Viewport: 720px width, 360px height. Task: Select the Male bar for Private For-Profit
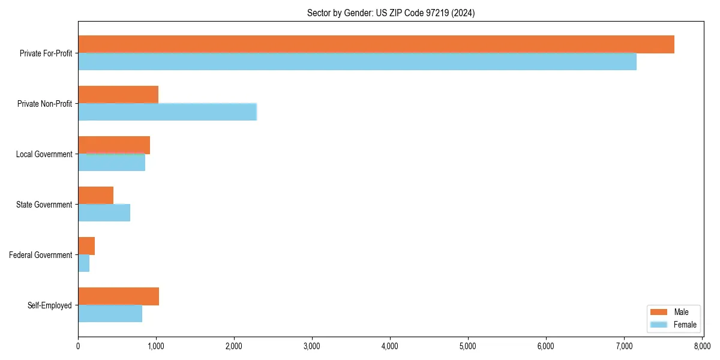click(x=376, y=44)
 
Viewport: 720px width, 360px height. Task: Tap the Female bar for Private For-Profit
click(x=357, y=61)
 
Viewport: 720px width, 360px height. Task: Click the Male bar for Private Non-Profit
click(x=118, y=95)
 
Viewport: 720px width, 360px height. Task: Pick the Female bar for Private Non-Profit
click(x=167, y=112)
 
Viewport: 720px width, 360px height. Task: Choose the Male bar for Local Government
click(x=114, y=145)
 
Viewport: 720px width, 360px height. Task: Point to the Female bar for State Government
click(x=104, y=212)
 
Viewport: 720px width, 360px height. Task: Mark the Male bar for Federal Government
click(x=86, y=246)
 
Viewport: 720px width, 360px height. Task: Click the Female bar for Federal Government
click(x=84, y=263)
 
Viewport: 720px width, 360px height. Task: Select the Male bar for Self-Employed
click(x=118, y=296)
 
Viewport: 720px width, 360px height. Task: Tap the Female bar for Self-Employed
click(x=110, y=313)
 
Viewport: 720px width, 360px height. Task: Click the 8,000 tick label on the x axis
click(x=702, y=346)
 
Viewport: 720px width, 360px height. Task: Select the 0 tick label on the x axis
click(x=78, y=346)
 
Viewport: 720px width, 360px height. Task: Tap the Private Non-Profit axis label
click(x=44, y=104)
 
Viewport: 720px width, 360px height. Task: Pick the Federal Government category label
click(x=41, y=255)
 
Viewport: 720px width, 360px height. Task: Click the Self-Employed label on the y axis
click(x=49, y=305)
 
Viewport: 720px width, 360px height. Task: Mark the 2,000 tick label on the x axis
click(x=234, y=346)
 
